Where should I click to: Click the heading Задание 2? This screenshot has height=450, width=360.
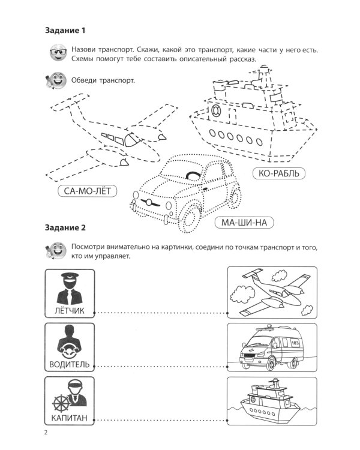click(67, 227)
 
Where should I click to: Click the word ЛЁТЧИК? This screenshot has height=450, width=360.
click(70, 310)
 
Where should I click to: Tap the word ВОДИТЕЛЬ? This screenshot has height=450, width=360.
click(70, 364)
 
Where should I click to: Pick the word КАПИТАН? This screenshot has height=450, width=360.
click(70, 417)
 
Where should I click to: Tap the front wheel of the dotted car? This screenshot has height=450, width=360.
click(191, 217)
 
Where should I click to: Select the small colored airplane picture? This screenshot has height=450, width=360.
click(272, 292)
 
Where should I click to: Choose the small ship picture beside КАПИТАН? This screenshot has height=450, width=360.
click(272, 400)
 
